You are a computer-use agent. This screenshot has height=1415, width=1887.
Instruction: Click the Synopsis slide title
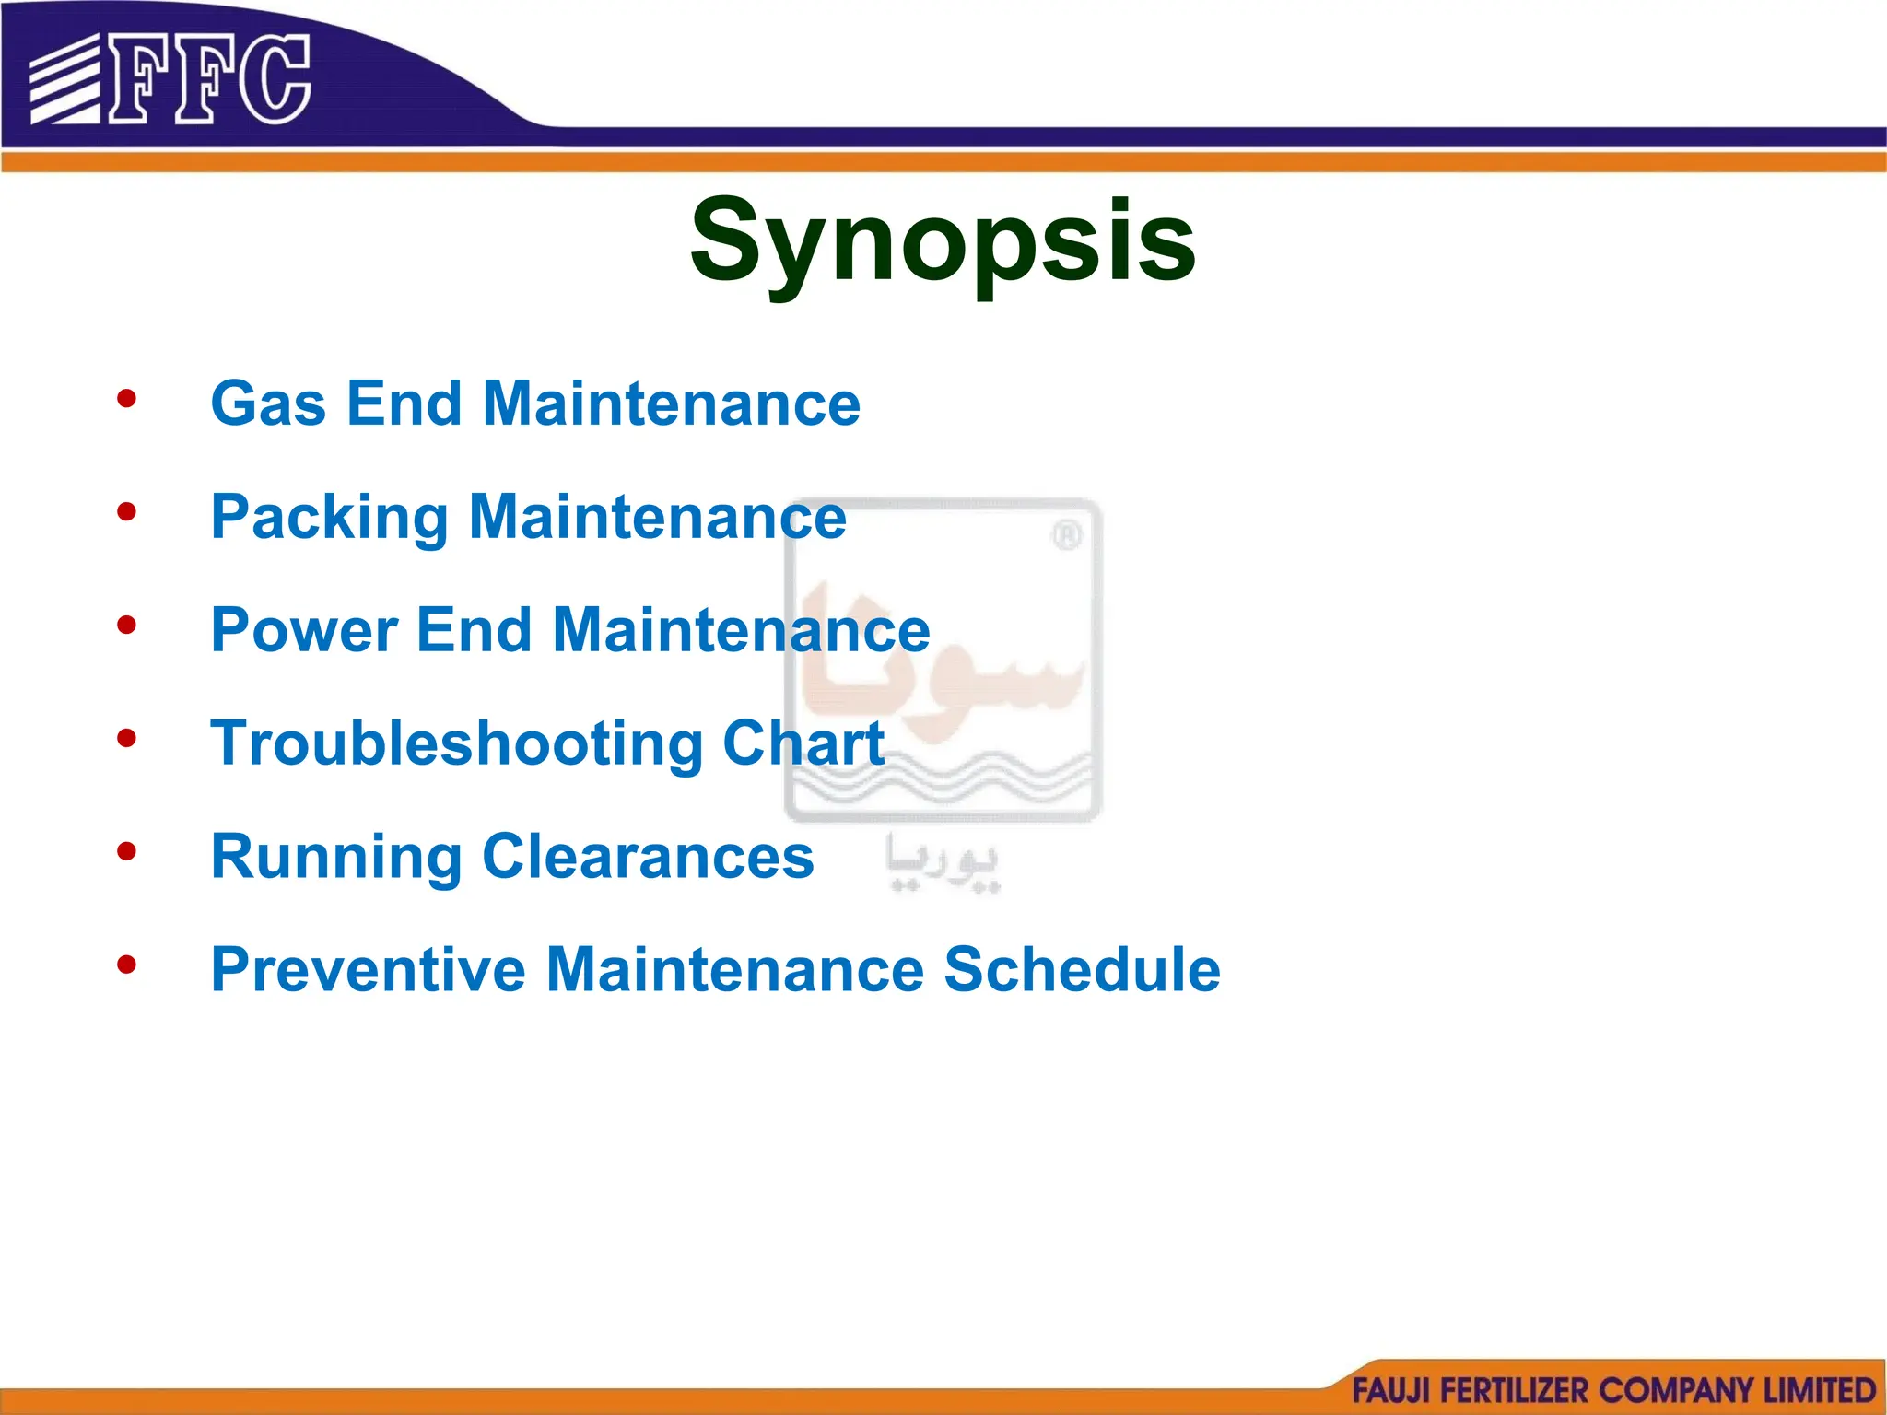tap(943, 241)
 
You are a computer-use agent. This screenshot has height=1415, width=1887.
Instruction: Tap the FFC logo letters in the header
tap(210, 80)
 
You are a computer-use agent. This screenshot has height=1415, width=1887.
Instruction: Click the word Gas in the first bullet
tap(268, 404)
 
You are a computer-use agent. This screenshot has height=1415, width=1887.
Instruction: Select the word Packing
tap(329, 518)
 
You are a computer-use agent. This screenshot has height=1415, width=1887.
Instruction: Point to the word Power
tap(304, 631)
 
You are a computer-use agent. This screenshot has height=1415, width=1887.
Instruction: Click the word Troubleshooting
tap(457, 744)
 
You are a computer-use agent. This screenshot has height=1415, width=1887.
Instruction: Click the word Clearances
tap(648, 857)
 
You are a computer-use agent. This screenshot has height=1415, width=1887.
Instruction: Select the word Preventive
tap(369, 970)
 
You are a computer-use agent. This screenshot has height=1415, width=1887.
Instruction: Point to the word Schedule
tap(1082, 970)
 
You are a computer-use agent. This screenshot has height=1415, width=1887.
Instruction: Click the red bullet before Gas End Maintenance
tap(127, 399)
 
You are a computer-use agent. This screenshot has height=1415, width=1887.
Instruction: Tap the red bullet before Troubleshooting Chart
tap(127, 738)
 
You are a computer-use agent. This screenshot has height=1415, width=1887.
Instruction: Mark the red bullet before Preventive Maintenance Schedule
tap(127, 965)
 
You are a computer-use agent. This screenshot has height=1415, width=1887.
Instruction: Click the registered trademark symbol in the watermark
tap(1066, 535)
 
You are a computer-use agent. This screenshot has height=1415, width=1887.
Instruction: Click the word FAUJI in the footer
tap(1389, 1390)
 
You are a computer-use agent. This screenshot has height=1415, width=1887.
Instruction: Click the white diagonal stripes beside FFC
tap(64, 81)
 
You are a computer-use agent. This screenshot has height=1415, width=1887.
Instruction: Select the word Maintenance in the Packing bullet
tap(657, 518)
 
